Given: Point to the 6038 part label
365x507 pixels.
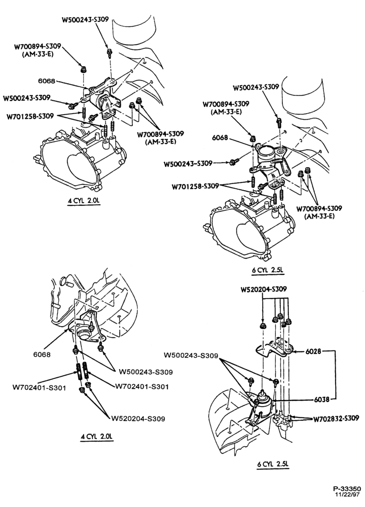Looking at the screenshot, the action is (322, 400).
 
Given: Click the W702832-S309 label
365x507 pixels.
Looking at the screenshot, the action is (336, 418).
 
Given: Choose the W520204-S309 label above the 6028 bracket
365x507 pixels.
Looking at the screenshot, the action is (264, 289).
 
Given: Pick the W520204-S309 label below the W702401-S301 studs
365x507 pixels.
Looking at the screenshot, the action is (138, 419).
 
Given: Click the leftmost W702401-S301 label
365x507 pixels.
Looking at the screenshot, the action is (40, 387).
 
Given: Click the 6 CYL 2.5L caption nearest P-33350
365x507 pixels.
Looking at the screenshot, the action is (273, 464).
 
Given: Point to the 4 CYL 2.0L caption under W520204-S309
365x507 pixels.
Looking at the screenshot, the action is (97, 437).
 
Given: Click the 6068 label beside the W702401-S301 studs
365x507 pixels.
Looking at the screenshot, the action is (42, 354).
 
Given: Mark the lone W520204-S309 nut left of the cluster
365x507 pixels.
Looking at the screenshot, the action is (263, 325).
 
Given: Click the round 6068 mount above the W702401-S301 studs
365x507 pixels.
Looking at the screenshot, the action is (84, 333).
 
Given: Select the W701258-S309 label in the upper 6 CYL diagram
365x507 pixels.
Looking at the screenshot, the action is (196, 186).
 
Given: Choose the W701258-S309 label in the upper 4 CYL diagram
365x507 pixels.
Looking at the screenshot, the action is (30, 117).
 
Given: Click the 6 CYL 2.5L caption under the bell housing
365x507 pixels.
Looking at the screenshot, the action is (268, 270).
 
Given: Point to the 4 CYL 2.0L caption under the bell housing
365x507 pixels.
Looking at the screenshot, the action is (84, 201).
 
